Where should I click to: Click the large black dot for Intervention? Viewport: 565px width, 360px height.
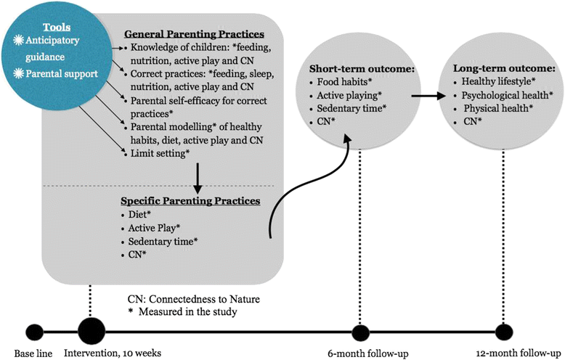(91, 332)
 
